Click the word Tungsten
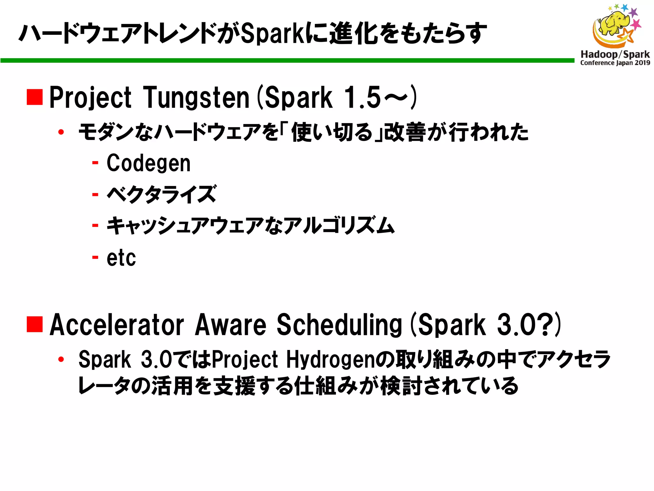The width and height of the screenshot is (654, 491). [196, 97]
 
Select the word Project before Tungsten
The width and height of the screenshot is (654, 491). [90, 97]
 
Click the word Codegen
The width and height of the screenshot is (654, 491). [148, 163]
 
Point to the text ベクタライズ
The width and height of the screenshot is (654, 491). [162, 194]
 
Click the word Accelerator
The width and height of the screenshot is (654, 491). [117, 325]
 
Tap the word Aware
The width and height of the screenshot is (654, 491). [231, 325]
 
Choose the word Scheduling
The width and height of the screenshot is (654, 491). [339, 325]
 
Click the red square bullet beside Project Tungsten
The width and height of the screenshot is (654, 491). [35, 97]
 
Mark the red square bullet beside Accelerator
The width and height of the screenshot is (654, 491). [35, 324]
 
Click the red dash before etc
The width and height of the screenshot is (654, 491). [95, 257]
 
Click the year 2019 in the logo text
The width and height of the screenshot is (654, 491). [642, 63]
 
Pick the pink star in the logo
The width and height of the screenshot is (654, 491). [636, 24]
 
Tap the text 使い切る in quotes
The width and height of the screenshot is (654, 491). [332, 132]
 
